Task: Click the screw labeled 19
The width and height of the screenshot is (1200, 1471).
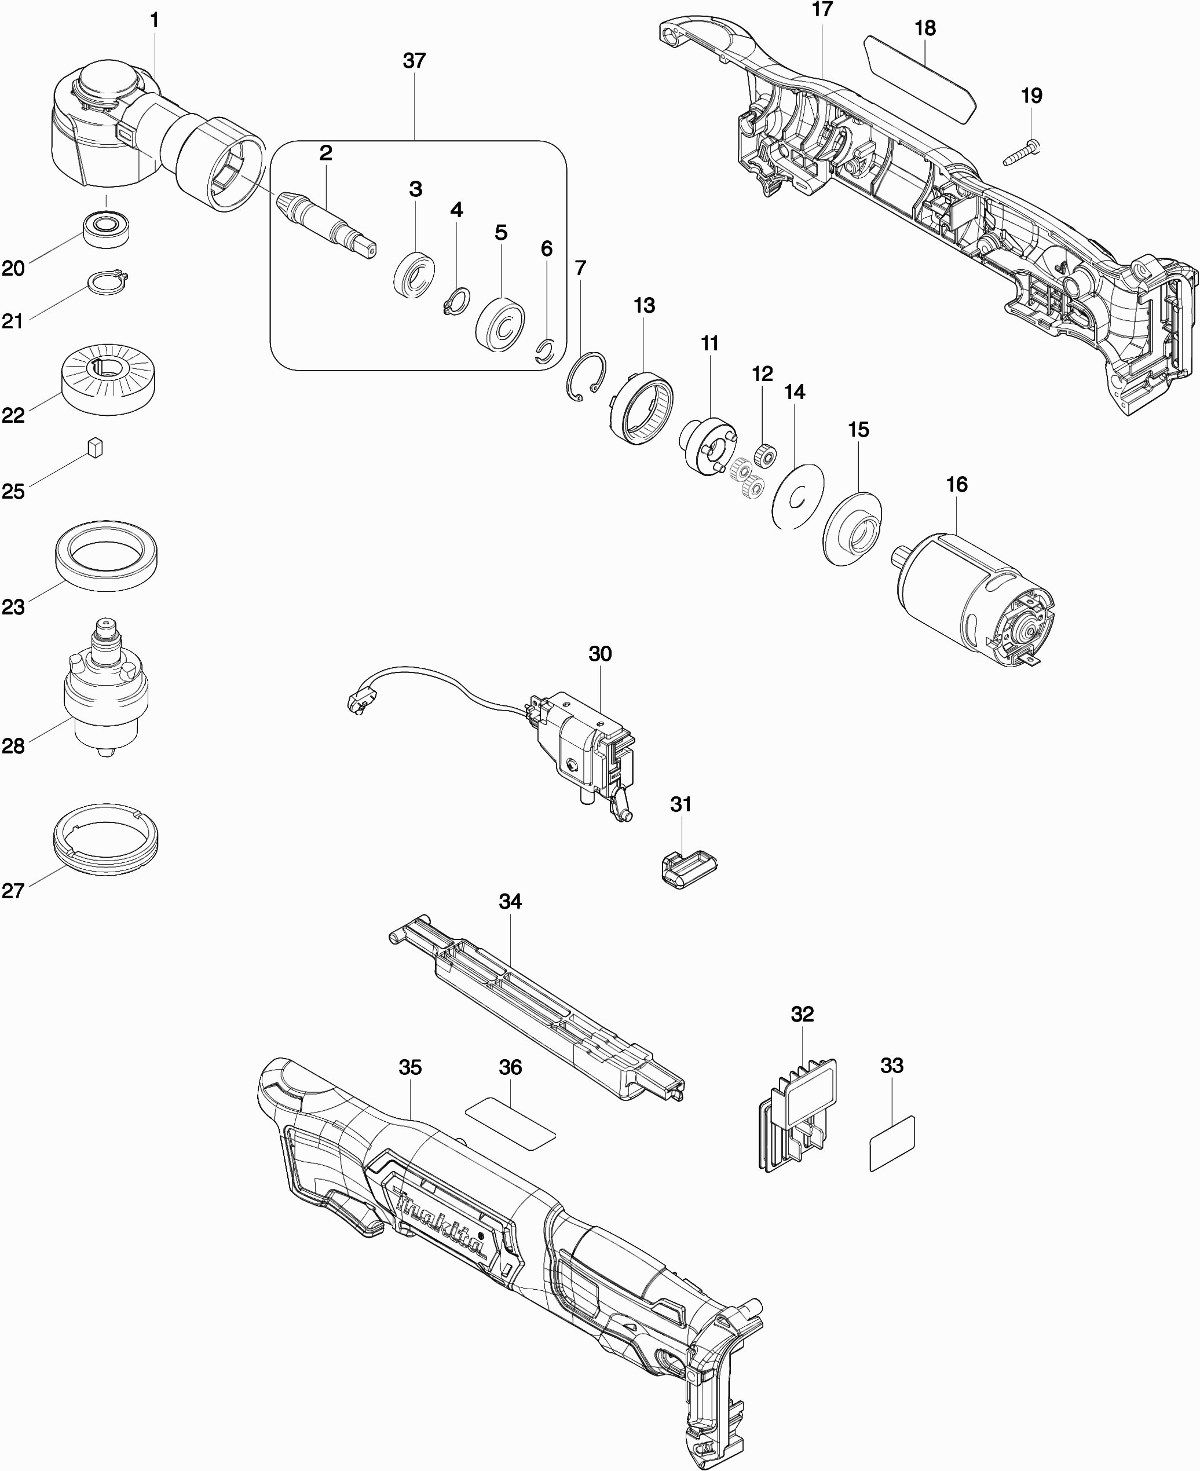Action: coord(1022,153)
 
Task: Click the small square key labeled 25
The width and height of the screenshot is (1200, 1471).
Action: coord(96,447)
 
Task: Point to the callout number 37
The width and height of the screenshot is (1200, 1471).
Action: coord(414,61)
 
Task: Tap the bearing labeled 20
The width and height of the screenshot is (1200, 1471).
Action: coord(107,228)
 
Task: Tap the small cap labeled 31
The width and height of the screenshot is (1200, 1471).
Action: coord(685,868)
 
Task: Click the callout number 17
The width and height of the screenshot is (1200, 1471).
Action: coord(822,10)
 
